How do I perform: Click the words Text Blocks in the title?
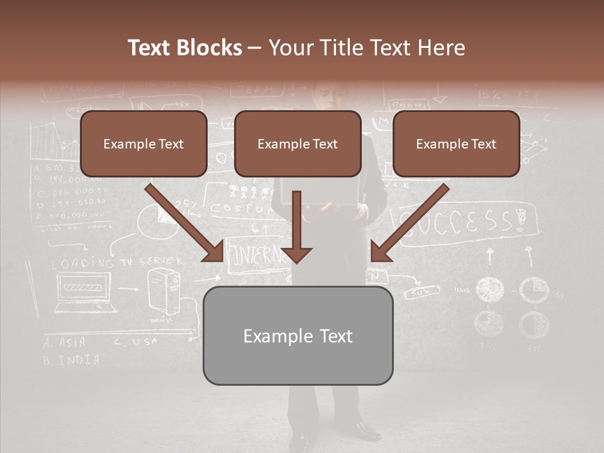click(x=185, y=48)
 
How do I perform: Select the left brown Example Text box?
click(x=143, y=144)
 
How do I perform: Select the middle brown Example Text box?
click(x=298, y=144)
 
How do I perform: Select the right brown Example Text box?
click(x=456, y=144)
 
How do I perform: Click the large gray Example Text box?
click(x=298, y=336)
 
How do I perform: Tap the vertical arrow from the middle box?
click(x=296, y=226)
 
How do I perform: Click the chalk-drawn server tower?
click(x=163, y=290)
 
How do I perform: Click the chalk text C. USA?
click(x=136, y=342)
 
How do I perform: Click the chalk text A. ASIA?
click(x=65, y=343)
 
